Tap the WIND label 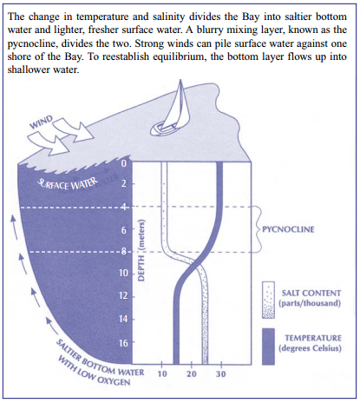point(42,122)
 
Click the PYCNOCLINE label point(288,229)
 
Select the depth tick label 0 point(124,163)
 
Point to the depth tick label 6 point(124,230)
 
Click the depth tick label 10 point(123,273)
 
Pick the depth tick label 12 point(123,295)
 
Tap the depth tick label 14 point(123,319)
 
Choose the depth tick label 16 point(123,343)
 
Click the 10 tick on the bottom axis point(162,374)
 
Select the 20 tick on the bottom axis point(192,374)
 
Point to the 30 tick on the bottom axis point(220,374)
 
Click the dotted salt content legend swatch point(268,300)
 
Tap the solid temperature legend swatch point(268,347)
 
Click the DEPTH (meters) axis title point(141,250)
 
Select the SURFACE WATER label point(69,184)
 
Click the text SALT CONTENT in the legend point(311,294)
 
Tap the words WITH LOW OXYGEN point(94,372)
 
